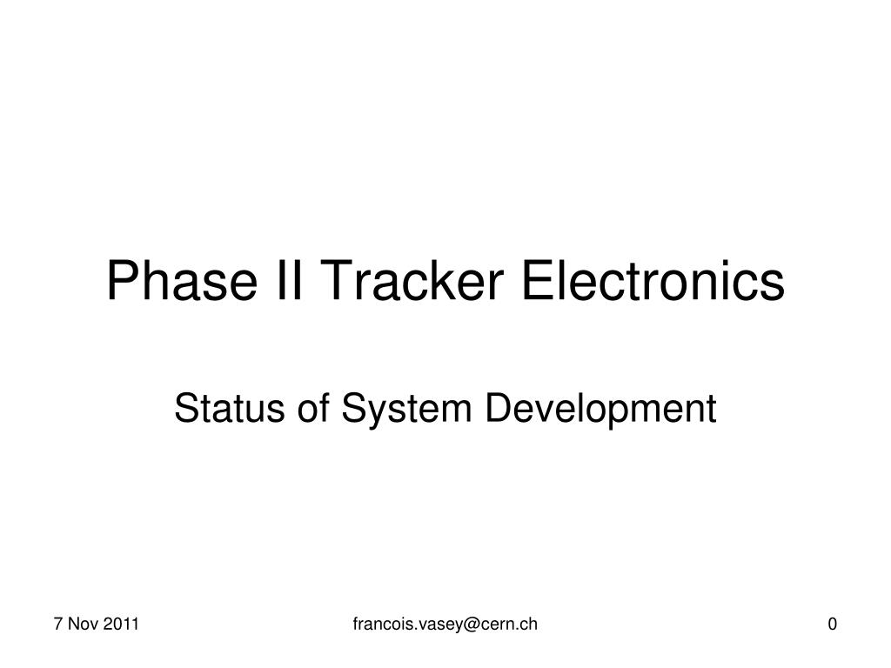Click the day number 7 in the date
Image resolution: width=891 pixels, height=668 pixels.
pos(57,624)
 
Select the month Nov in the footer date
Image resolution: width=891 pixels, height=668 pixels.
pos(84,624)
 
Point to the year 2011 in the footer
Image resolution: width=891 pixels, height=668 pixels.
pos(124,624)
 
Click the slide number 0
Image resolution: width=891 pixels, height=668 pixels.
pos(833,624)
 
